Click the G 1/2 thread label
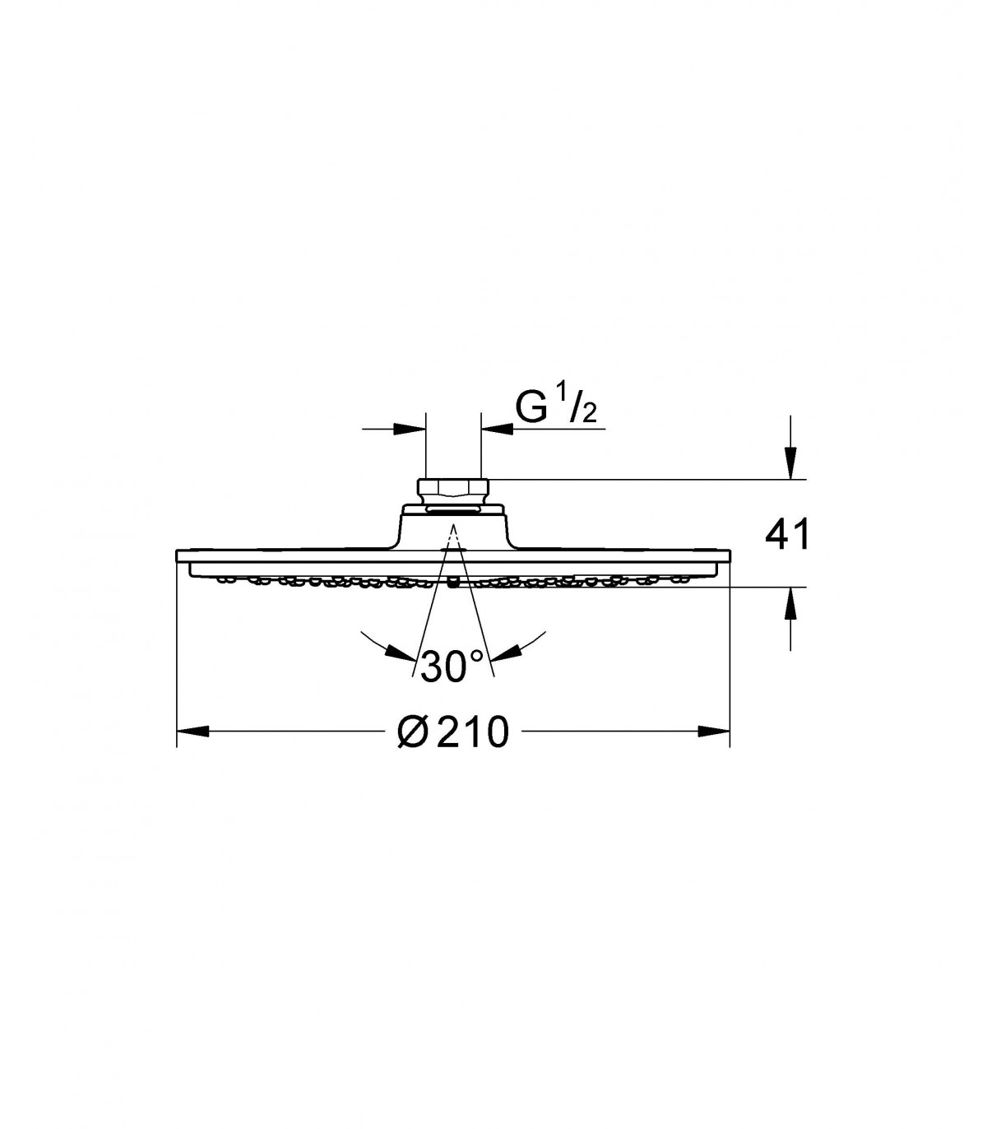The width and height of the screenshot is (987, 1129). coord(556,406)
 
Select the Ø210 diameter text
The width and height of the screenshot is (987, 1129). coord(453,732)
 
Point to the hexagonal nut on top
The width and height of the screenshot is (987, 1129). coord(453,488)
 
